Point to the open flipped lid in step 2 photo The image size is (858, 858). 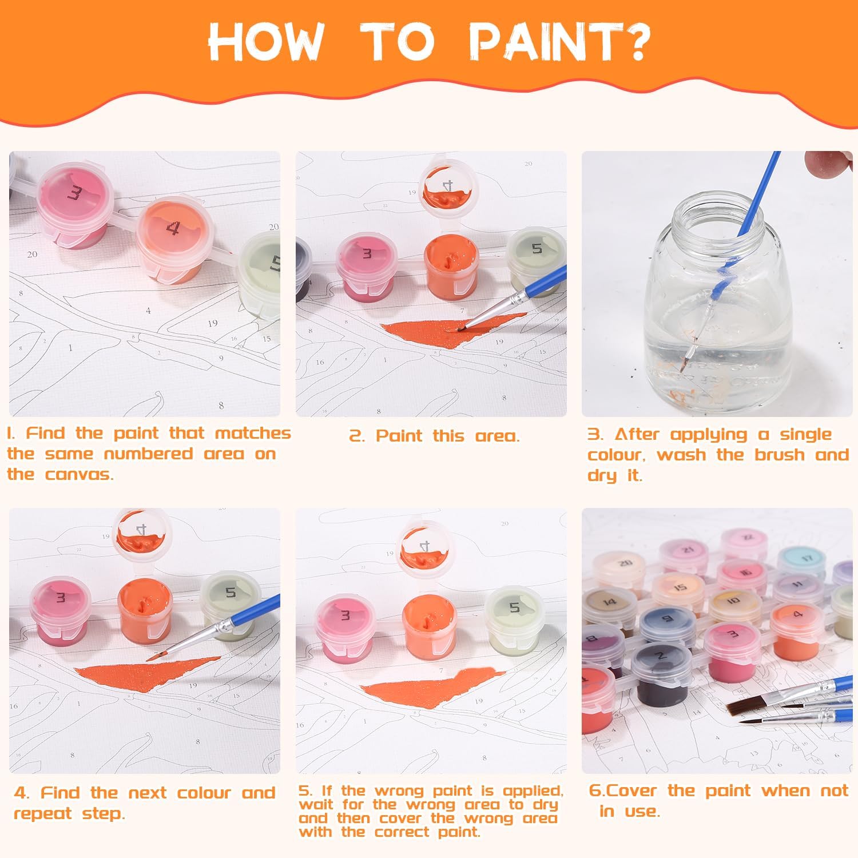click(448, 189)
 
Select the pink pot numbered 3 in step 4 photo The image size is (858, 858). click(59, 609)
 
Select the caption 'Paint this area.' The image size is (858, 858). click(435, 436)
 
